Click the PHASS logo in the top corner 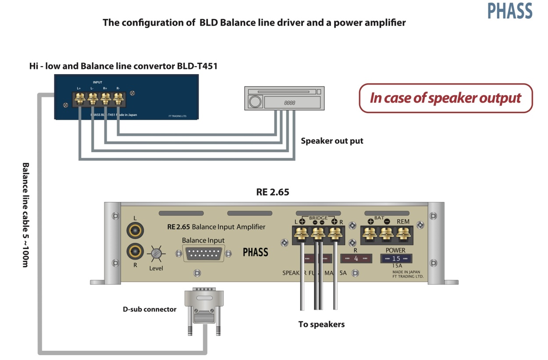[x=510, y=11]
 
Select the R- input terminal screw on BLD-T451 [x=118, y=98]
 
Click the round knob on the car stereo [x=254, y=102]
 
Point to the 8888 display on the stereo [x=290, y=103]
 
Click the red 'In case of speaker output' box [x=445, y=98]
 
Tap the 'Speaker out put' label [x=332, y=141]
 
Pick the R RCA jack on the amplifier [x=135, y=252]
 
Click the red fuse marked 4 [x=356, y=259]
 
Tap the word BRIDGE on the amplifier [x=318, y=218]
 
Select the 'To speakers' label [x=321, y=324]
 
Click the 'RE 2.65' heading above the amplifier [x=273, y=192]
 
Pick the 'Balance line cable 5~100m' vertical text [x=25, y=215]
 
